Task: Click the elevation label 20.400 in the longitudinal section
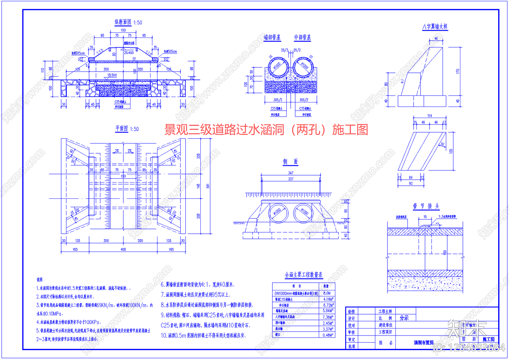point(129,53)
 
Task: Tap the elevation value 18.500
point(112,75)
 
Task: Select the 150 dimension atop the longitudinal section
point(123,30)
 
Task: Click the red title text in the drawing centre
point(266,130)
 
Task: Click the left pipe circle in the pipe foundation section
point(277,67)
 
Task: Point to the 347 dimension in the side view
point(291,173)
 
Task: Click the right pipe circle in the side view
point(303,213)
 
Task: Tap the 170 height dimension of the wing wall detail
point(457,71)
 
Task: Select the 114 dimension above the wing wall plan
point(429,116)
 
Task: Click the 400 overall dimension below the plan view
point(123,249)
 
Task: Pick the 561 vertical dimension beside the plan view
point(208,186)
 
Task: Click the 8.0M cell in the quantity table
point(327,293)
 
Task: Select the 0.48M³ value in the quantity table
point(328,335)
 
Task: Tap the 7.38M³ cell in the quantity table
point(328,317)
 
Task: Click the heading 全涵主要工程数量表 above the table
point(303,275)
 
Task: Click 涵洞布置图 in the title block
point(423,343)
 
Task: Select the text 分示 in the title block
point(404,318)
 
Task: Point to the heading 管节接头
point(426,206)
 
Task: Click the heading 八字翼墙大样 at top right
point(435,27)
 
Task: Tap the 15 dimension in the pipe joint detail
point(425,217)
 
